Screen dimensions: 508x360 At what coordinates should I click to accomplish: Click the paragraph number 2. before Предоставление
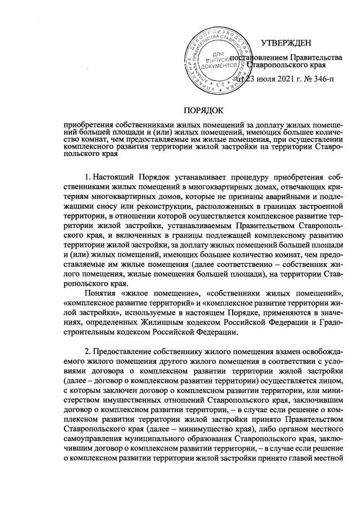click(87, 351)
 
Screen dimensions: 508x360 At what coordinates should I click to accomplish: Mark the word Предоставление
click(124, 351)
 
